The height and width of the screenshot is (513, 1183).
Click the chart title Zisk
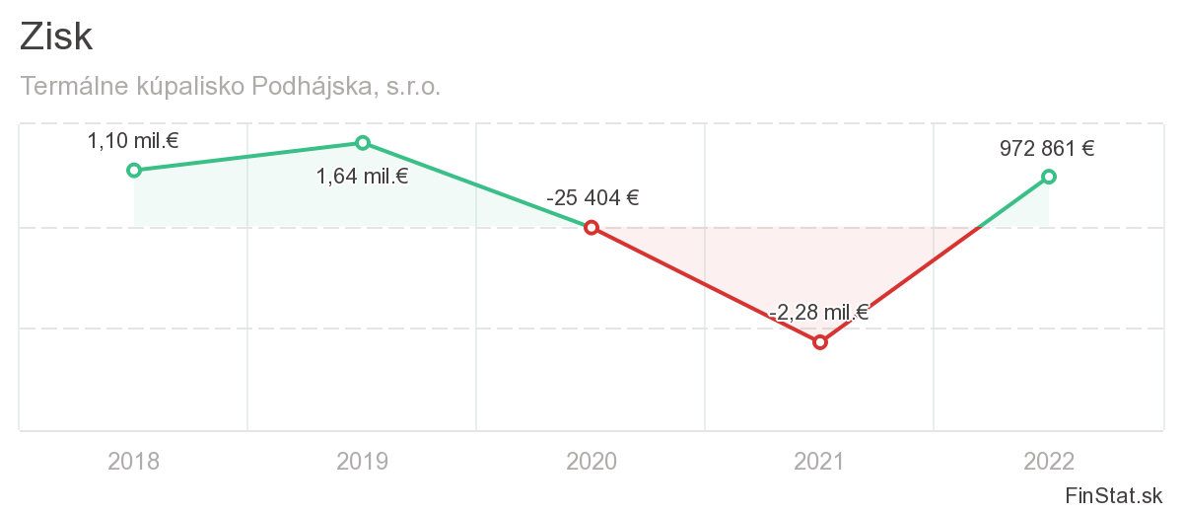click(x=56, y=37)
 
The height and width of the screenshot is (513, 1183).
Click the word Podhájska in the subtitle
click(x=313, y=87)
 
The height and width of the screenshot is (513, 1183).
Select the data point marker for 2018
click(x=134, y=170)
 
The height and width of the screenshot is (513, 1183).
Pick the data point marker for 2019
click(x=363, y=143)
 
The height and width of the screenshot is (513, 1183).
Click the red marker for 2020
click(x=591, y=228)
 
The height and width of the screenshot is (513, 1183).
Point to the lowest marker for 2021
click(x=819, y=342)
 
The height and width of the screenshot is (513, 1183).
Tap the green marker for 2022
click(x=1049, y=177)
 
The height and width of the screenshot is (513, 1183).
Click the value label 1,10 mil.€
click(x=133, y=141)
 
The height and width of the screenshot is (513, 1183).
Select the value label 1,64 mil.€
click(x=362, y=178)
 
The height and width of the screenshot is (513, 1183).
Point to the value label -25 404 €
click(x=592, y=197)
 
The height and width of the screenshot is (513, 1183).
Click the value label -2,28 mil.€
click(x=818, y=314)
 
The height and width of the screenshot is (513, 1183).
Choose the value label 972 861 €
click(x=1047, y=149)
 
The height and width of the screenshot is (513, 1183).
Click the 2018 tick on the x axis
click(x=134, y=461)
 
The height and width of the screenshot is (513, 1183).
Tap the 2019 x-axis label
click(x=363, y=461)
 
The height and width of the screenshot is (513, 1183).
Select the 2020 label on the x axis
click(x=591, y=461)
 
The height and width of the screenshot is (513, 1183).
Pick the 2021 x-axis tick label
click(x=820, y=461)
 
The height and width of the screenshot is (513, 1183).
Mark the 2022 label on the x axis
click(x=1049, y=461)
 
